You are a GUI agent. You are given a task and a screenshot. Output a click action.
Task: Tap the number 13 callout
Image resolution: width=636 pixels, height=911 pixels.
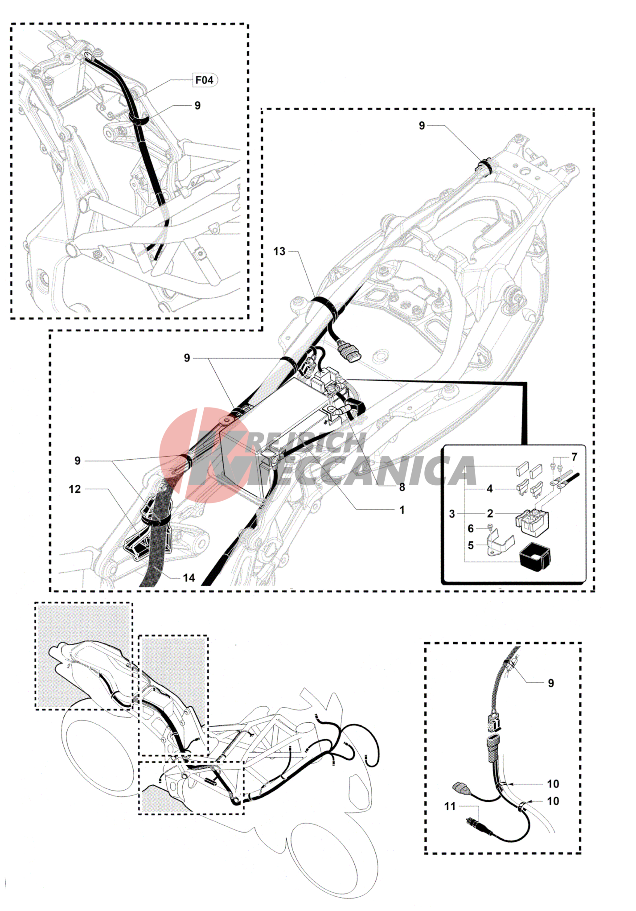pyautogui.click(x=279, y=251)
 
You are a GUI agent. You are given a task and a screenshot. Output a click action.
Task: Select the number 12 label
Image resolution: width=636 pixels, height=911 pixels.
pyautogui.click(x=75, y=489)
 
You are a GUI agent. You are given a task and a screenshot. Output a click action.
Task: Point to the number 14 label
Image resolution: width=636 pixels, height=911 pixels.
pyautogui.click(x=189, y=578)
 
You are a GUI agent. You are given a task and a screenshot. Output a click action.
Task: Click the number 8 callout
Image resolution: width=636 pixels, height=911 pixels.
pyautogui.click(x=402, y=487)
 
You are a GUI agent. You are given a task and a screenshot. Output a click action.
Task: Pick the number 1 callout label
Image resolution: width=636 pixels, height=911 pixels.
pyautogui.click(x=402, y=510)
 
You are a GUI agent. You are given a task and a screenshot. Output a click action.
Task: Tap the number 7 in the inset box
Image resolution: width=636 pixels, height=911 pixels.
pyautogui.click(x=574, y=457)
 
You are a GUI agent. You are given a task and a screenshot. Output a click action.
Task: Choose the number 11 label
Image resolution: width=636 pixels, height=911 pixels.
pyautogui.click(x=450, y=806)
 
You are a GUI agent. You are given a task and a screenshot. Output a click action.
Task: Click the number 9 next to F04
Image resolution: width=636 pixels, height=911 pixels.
pyautogui.click(x=197, y=106)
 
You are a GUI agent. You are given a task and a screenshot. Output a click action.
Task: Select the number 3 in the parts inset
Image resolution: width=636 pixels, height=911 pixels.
pyautogui.click(x=452, y=514)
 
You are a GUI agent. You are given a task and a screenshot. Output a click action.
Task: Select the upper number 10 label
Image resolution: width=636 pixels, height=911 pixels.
pyautogui.click(x=553, y=783)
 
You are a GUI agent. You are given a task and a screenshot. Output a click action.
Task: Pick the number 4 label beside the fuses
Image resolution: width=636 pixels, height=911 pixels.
pyautogui.click(x=489, y=489)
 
